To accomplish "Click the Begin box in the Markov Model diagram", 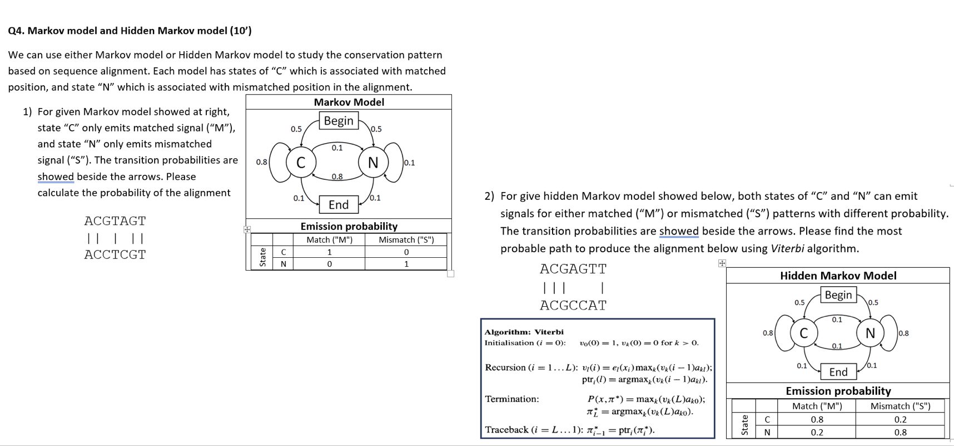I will pos(339,121).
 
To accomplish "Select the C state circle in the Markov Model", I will pos(301,163).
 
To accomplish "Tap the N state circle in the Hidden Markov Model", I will pos(870,333).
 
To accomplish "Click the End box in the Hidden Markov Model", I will pos(838,372).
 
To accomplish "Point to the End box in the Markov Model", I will pos(339,204).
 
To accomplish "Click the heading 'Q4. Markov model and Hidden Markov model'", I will pos(130,31).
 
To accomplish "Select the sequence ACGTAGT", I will pos(115,221).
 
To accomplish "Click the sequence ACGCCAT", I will pos(573,306).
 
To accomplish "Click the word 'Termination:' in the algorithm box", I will pos(511,399).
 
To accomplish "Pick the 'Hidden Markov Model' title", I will pos(838,276).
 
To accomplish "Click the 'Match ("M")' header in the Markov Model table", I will pos(329,240).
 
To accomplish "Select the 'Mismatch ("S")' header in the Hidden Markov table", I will pos(900,406).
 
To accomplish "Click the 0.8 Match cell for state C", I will pos(817,419).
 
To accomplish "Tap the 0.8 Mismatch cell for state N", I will pos(900,432).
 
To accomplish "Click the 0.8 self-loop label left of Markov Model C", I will pos(261,162).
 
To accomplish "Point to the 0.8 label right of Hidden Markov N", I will pos(903,333).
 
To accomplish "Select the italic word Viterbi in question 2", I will pos(787,248).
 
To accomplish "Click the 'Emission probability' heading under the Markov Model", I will pos(349,226).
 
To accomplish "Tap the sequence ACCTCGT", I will pos(115,254).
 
